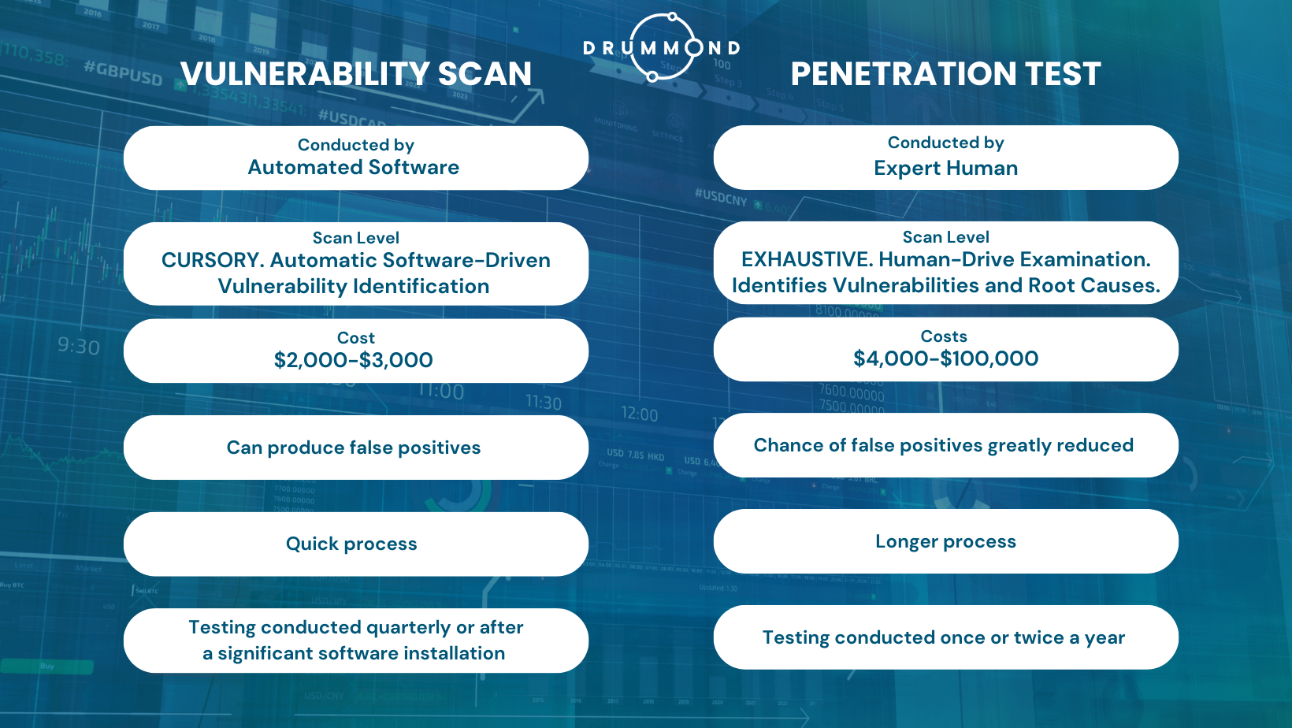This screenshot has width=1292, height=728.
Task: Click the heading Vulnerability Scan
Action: (x=356, y=74)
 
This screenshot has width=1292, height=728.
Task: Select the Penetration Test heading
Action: (x=945, y=74)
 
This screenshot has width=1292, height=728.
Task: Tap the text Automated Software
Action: (x=354, y=168)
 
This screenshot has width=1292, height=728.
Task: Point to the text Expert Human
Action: (x=945, y=169)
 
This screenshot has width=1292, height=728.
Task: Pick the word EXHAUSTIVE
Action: (x=805, y=260)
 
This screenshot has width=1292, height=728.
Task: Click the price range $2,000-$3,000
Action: (x=354, y=360)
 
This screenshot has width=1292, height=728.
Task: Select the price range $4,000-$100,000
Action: (x=945, y=359)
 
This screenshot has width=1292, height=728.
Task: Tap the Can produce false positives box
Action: (x=354, y=448)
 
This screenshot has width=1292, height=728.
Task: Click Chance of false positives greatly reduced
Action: (x=944, y=446)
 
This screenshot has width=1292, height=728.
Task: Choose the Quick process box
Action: (x=352, y=544)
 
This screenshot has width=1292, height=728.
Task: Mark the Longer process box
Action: (x=945, y=542)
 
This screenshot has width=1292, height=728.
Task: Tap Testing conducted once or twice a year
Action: (x=944, y=638)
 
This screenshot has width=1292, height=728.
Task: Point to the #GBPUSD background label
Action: (x=123, y=73)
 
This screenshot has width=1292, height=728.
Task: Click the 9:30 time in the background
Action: (x=79, y=347)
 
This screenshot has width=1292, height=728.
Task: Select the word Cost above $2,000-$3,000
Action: (x=356, y=338)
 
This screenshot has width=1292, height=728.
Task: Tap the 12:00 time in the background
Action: (x=639, y=414)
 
